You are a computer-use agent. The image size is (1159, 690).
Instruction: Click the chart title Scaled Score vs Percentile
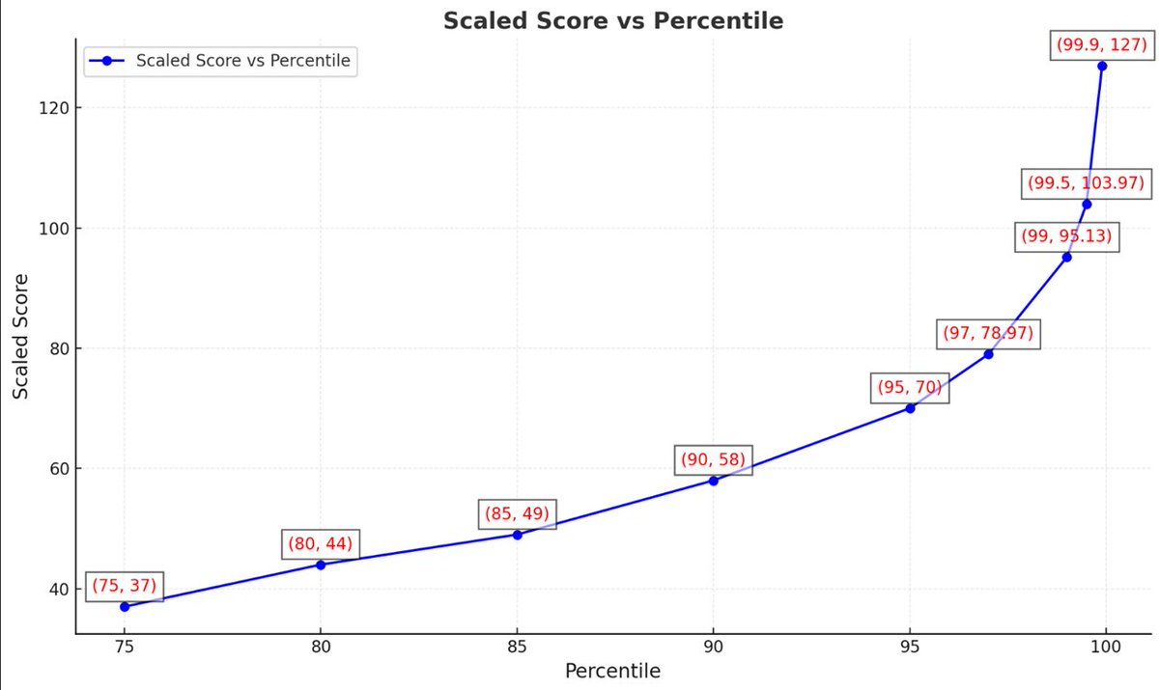612,20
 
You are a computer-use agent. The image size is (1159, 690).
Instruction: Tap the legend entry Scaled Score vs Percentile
243,61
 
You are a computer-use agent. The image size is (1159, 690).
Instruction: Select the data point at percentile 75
125,607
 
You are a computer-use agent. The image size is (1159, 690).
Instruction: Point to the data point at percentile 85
517,535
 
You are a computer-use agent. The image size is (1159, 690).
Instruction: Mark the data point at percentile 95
910,408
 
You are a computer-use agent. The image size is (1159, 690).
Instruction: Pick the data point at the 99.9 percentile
1102,66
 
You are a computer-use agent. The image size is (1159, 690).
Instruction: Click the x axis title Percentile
612,671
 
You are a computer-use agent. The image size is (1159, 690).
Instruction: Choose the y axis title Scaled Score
21,336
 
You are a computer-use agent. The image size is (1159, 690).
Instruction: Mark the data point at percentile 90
713,481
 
